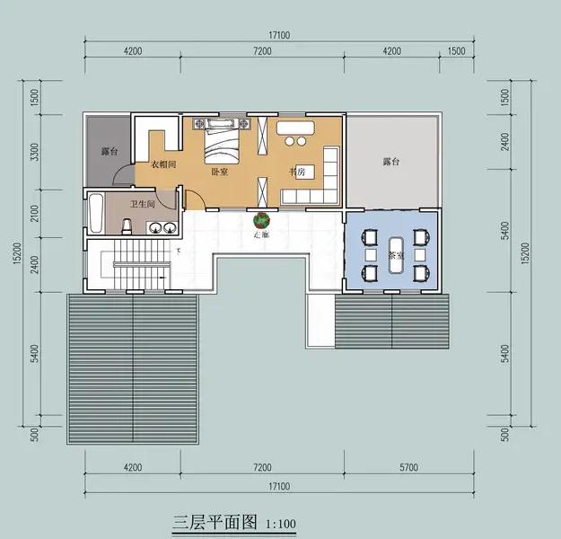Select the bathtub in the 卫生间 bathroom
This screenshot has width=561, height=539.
95,213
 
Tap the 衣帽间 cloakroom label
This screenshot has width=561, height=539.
162,164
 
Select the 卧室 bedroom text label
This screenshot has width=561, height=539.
218,171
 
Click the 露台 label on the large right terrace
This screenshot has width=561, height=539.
390,163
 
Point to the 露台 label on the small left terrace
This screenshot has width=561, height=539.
110,153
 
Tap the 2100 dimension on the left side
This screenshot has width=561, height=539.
33,214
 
